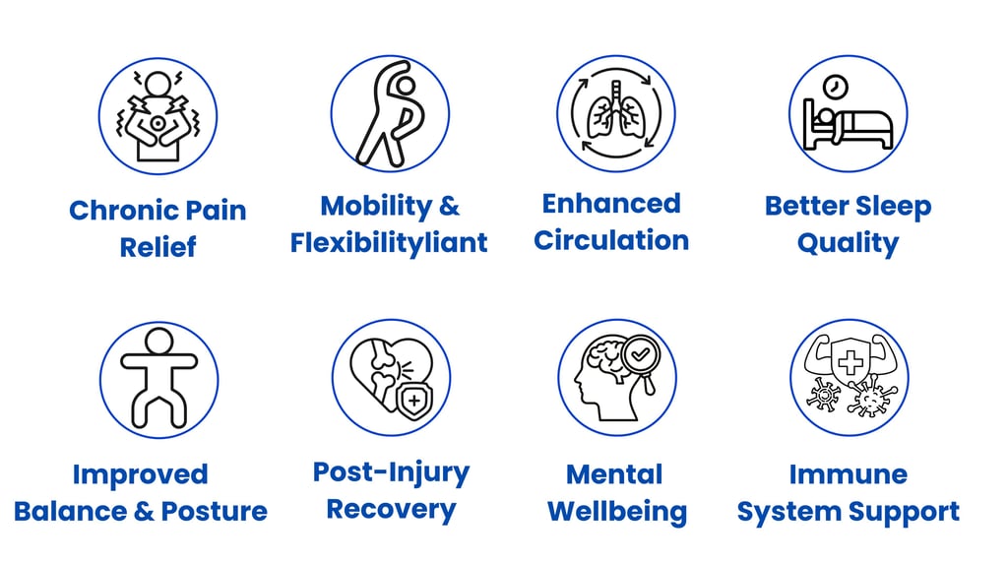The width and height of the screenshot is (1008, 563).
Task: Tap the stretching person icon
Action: point(389,113)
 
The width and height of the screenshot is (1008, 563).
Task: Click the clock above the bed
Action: point(837,87)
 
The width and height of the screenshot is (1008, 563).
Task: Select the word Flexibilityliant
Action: point(389,242)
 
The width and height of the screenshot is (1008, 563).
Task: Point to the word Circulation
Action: point(611,240)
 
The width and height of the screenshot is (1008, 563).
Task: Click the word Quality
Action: point(848,243)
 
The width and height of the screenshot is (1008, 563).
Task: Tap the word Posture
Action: point(215,512)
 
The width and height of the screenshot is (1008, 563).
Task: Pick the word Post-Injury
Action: point(391,471)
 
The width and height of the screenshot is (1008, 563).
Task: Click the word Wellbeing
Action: point(616,512)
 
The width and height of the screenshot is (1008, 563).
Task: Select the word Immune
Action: point(848,474)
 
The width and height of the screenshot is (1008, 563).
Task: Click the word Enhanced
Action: point(611,204)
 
